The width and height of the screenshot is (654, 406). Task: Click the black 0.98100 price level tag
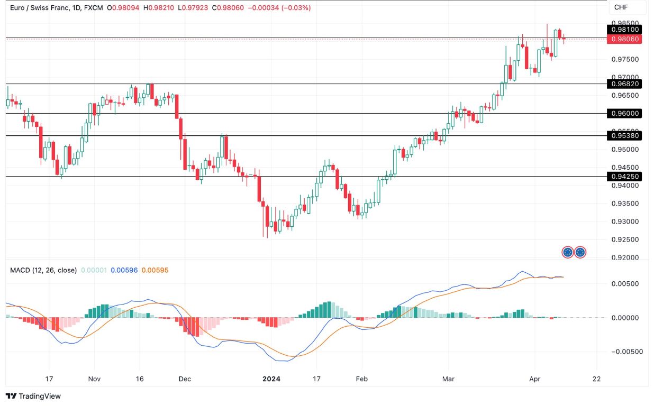point(625,30)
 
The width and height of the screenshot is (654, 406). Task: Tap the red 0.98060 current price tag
point(625,39)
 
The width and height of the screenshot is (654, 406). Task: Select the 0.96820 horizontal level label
point(625,84)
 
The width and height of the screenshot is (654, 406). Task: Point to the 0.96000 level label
point(625,113)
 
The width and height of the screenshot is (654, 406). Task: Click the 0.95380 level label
point(625,136)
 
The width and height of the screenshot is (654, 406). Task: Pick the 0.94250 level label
point(625,177)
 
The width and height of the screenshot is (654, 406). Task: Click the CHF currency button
point(621,7)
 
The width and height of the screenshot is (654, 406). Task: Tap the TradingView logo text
point(34,396)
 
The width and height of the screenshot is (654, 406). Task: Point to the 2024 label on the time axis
point(271,379)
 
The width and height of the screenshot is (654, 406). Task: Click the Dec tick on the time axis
point(185,379)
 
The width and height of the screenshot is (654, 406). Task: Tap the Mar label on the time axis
point(448,379)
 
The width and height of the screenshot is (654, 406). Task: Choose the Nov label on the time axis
point(94,379)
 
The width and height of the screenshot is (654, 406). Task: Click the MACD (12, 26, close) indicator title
point(43,270)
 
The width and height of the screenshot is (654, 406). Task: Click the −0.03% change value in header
point(297,8)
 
